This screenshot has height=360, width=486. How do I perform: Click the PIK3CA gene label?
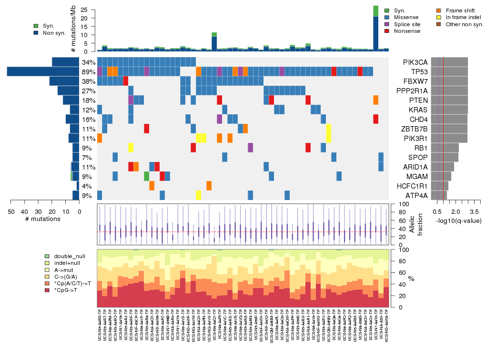tap(415, 62)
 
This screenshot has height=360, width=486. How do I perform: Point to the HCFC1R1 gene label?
tap(415, 186)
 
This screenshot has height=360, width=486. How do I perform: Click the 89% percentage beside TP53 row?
tap(88, 72)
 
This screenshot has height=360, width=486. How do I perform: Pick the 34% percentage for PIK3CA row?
tap(88, 62)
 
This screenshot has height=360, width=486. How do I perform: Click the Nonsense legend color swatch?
tap(387, 31)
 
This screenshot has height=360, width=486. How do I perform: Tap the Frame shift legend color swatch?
tap(439, 10)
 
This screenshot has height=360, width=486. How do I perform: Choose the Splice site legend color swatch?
tap(387, 24)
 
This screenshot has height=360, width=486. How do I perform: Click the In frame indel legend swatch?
tap(439, 17)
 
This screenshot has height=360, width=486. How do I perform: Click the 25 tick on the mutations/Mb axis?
tap(84, 10)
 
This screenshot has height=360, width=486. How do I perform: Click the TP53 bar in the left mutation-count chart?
tap(43, 72)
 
